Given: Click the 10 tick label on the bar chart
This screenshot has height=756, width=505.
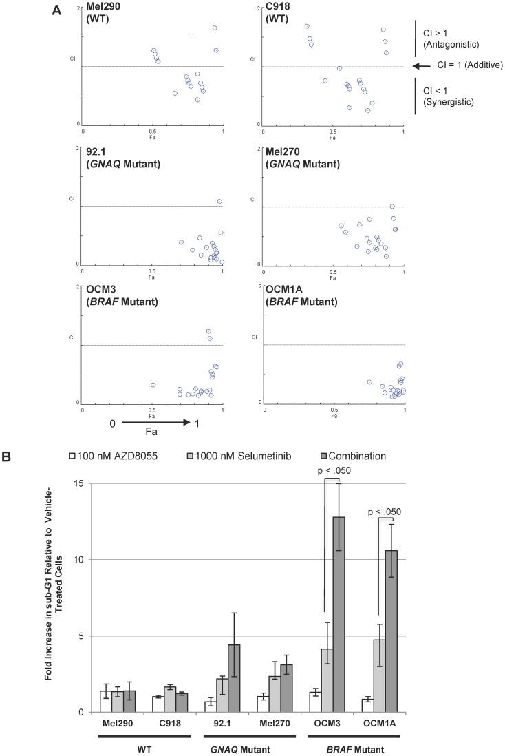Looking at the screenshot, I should click(x=80, y=559).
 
